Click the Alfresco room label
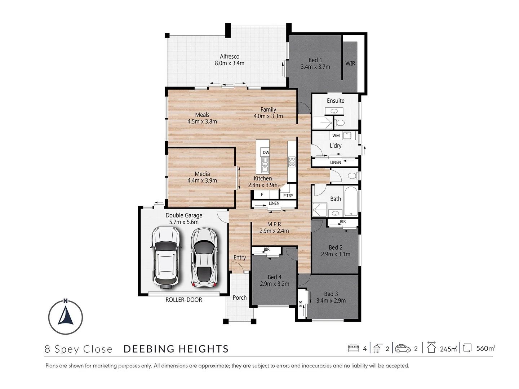click(x=230, y=57)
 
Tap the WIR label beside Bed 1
click(x=350, y=63)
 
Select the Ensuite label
click(x=336, y=101)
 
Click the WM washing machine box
click(x=336, y=135)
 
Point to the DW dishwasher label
click(x=266, y=152)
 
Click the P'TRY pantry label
click(x=288, y=196)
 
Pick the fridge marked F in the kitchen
click(x=262, y=194)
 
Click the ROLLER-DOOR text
click(x=184, y=300)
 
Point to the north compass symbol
click(x=66, y=317)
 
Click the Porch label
click(x=240, y=298)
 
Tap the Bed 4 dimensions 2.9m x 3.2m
click(x=275, y=284)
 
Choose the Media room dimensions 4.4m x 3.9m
click(x=202, y=180)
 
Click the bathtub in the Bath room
click(x=351, y=201)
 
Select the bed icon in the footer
click(x=353, y=348)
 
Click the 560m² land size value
click(x=485, y=348)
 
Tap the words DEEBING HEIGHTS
click(x=176, y=349)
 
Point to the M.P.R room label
click(x=274, y=224)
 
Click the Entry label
click(x=240, y=258)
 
